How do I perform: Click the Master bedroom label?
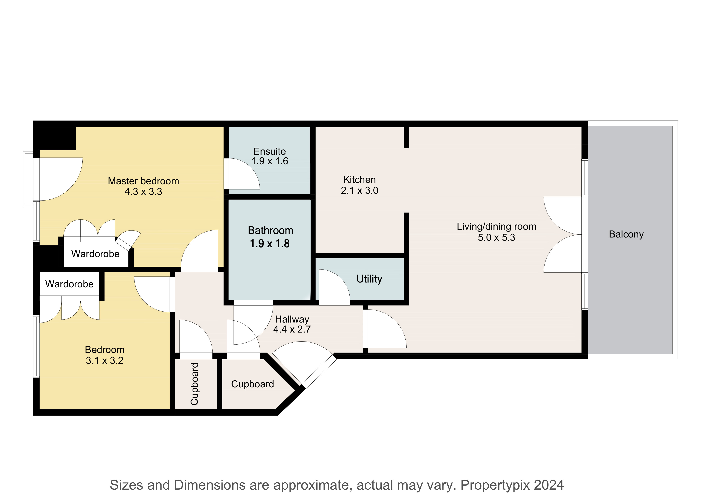143,181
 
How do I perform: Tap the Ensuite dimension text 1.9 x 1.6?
270,161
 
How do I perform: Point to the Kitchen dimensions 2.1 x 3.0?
360,190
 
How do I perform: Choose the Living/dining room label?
496,226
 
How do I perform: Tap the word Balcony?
626,234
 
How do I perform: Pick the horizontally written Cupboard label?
253,384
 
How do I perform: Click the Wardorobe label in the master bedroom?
95,254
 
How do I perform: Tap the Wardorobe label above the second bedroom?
69,284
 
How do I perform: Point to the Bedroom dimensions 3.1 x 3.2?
105,361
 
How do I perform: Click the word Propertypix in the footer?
494,485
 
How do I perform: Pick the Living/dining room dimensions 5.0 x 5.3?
496,237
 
